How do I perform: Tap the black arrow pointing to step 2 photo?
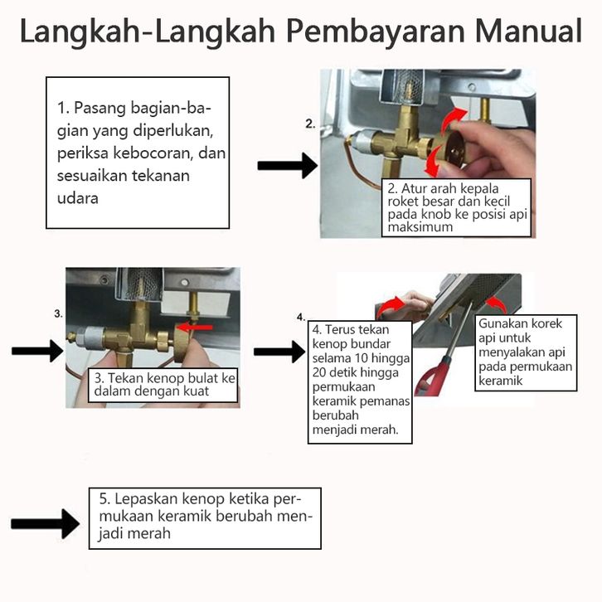click(x=286, y=166)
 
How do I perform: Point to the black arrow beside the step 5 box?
click(x=45, y=525)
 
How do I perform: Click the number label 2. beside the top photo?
click(x=310, y=124)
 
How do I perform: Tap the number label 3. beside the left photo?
click(x=58, y=313)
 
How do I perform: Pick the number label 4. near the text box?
click(x=300, y=318)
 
